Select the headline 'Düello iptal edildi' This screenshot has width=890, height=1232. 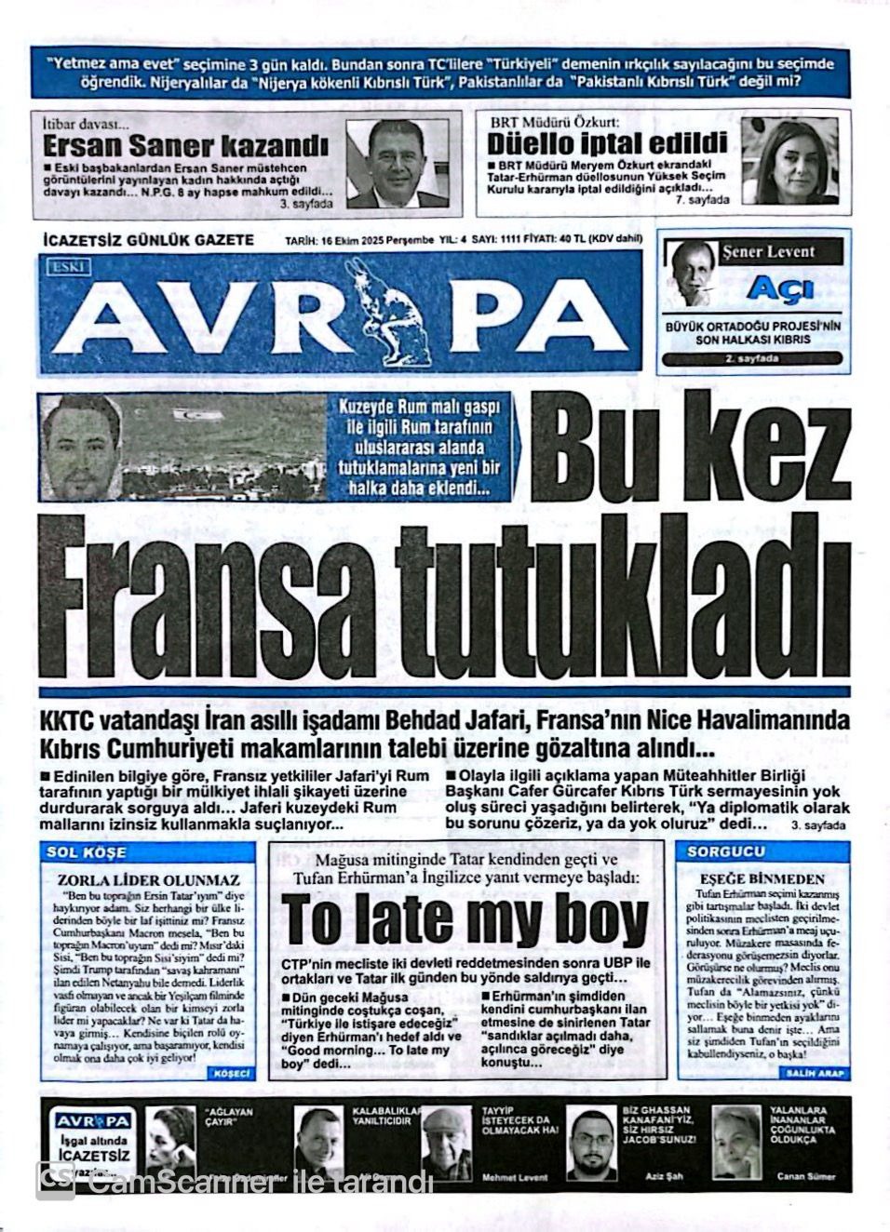[x=606, y=142]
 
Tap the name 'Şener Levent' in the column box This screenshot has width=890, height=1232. [x=768, y=251]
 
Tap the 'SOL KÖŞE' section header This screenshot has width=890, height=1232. [x=87, y=852]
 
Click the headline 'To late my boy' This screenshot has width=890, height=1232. [x=465, y=920]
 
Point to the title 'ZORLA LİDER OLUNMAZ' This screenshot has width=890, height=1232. [x=149, y=879]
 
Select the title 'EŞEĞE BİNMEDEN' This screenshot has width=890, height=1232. [x=762, y=878]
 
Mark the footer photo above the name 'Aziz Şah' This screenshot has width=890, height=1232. [x=592, y=1141]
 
